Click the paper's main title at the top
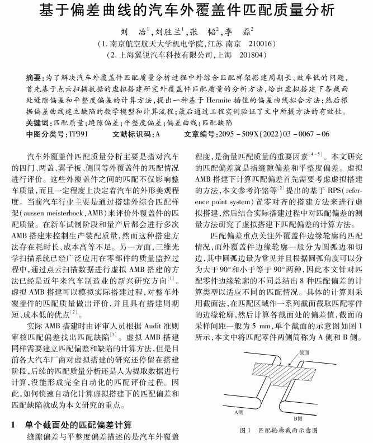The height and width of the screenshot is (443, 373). (x=186, y=10)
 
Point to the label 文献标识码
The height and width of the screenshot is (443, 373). (x=131, y=134)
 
